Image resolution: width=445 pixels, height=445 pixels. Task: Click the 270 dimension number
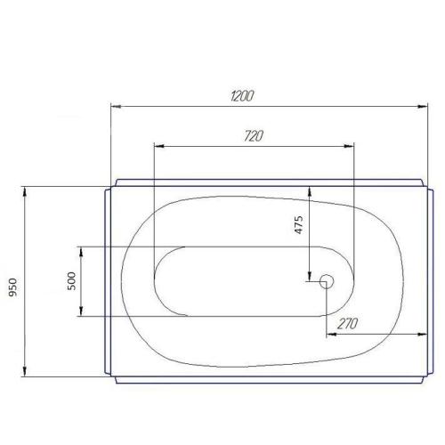click(348, 324)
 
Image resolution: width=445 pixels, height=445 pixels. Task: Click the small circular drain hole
click(325, 281)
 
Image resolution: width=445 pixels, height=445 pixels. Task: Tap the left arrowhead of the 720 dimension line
click(158, 146)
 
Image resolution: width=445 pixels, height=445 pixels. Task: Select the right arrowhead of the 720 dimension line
click(349, 146)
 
